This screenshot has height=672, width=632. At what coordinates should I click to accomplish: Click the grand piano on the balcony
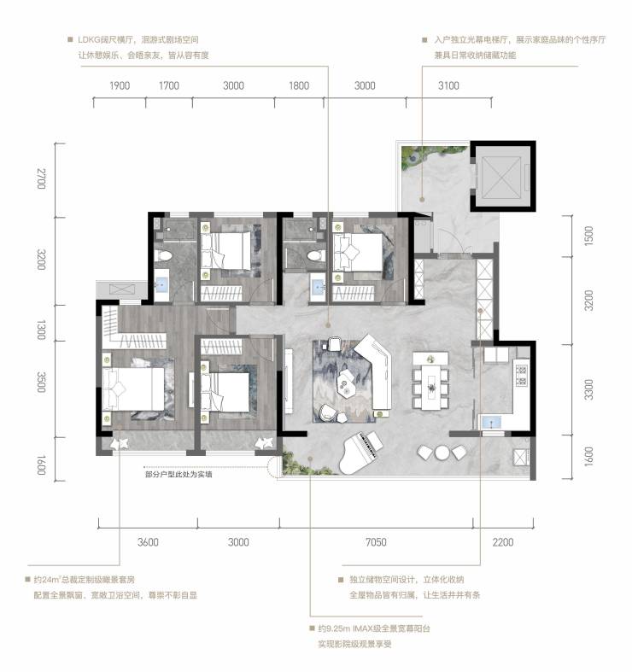(x=360, y=453)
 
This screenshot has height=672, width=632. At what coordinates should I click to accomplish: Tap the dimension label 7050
(x=376, y=542)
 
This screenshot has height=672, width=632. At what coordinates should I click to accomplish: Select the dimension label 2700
(x=41, y=178)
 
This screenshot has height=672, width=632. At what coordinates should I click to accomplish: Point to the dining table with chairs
(x=431, y=382)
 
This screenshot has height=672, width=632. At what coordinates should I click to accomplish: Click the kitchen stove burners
(x=521, y=376)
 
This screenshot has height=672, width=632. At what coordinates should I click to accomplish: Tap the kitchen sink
(x=489, y=423)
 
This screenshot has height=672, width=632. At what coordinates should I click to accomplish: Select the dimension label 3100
(x=448, y=85)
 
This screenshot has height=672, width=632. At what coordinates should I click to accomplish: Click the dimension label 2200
(x=502, y=542)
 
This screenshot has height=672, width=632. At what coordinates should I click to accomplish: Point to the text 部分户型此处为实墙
(x=178, y=475)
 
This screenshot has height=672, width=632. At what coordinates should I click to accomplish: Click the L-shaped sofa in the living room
(x=377, y=371)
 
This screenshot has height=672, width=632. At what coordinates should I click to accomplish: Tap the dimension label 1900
(x=120, y=85)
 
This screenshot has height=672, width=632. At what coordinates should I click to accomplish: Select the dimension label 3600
(x=148, y=542)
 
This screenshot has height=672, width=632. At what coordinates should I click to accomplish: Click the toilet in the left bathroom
(x=163, y=255)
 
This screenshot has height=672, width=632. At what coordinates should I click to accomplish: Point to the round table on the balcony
(x=442, y=453)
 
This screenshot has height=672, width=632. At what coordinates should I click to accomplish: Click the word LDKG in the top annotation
(x=89, y=40)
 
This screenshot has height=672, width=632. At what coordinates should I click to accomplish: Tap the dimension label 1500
(x=588, y=236)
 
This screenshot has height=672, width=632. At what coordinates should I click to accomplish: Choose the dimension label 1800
(x=299, y=85)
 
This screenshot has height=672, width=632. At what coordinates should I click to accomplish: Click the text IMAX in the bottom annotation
(x=363, y=628)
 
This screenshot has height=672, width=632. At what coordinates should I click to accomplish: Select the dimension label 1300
(x=41, y=330)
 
